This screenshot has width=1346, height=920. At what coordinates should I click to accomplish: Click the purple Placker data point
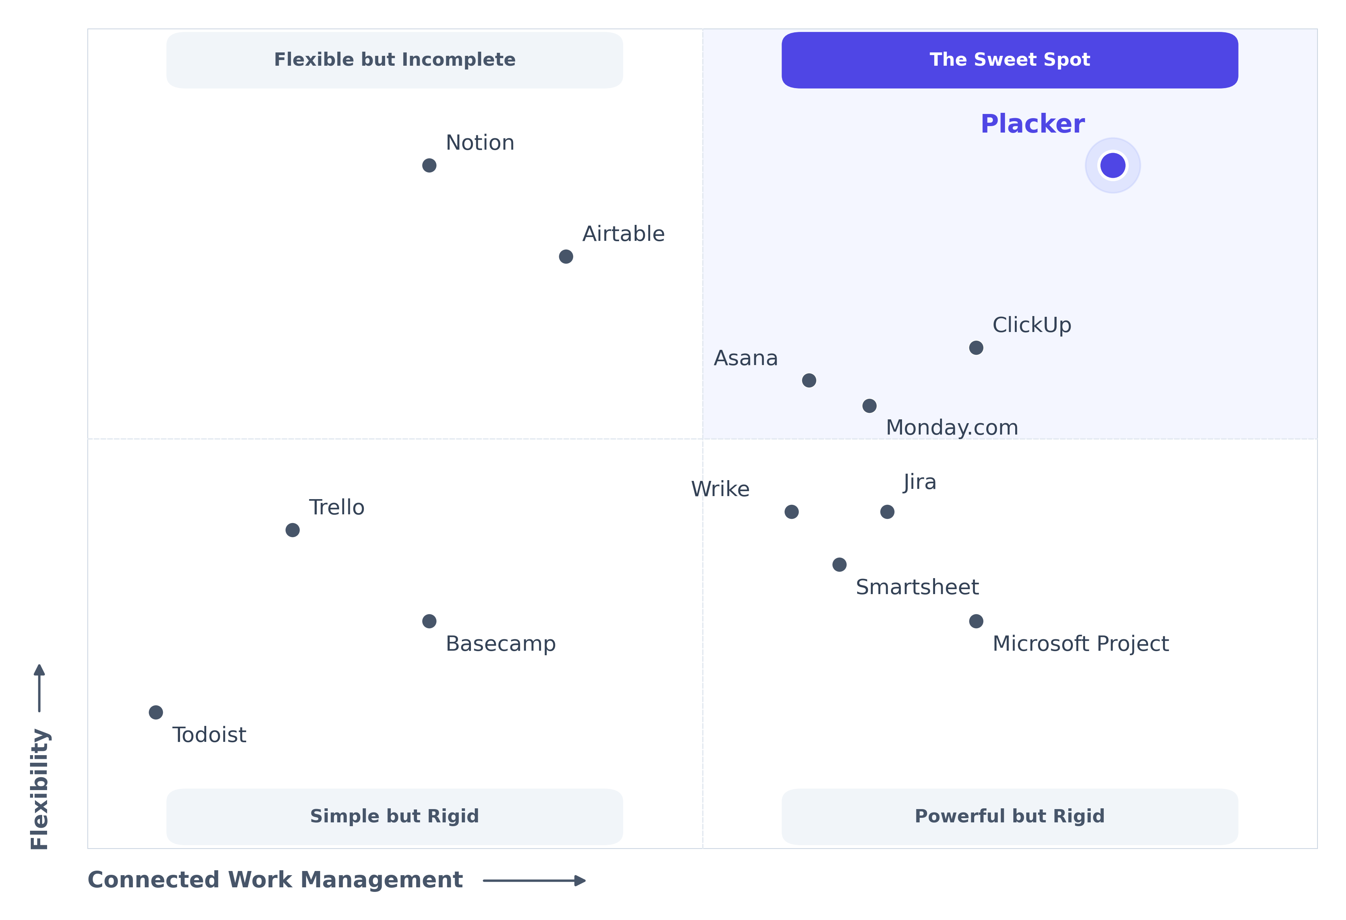(1112, 166)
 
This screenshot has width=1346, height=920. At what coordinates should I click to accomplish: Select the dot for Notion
(429, 166)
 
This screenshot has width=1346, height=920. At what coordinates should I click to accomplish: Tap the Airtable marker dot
(566, 257)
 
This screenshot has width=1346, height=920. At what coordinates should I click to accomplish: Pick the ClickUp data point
(976, 348)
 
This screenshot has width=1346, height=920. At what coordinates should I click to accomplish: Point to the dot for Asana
(809, 381)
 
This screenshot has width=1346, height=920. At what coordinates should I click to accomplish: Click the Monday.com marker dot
(869, 406)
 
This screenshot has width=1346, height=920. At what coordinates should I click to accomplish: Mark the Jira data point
(887, 512)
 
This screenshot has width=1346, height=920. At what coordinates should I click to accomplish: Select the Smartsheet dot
(839, 564)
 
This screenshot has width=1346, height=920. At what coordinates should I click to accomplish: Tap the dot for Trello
(292, 530)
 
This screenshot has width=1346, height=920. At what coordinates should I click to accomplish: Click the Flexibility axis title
(39, 789)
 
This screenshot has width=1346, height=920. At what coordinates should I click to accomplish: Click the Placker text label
(1032, 124)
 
